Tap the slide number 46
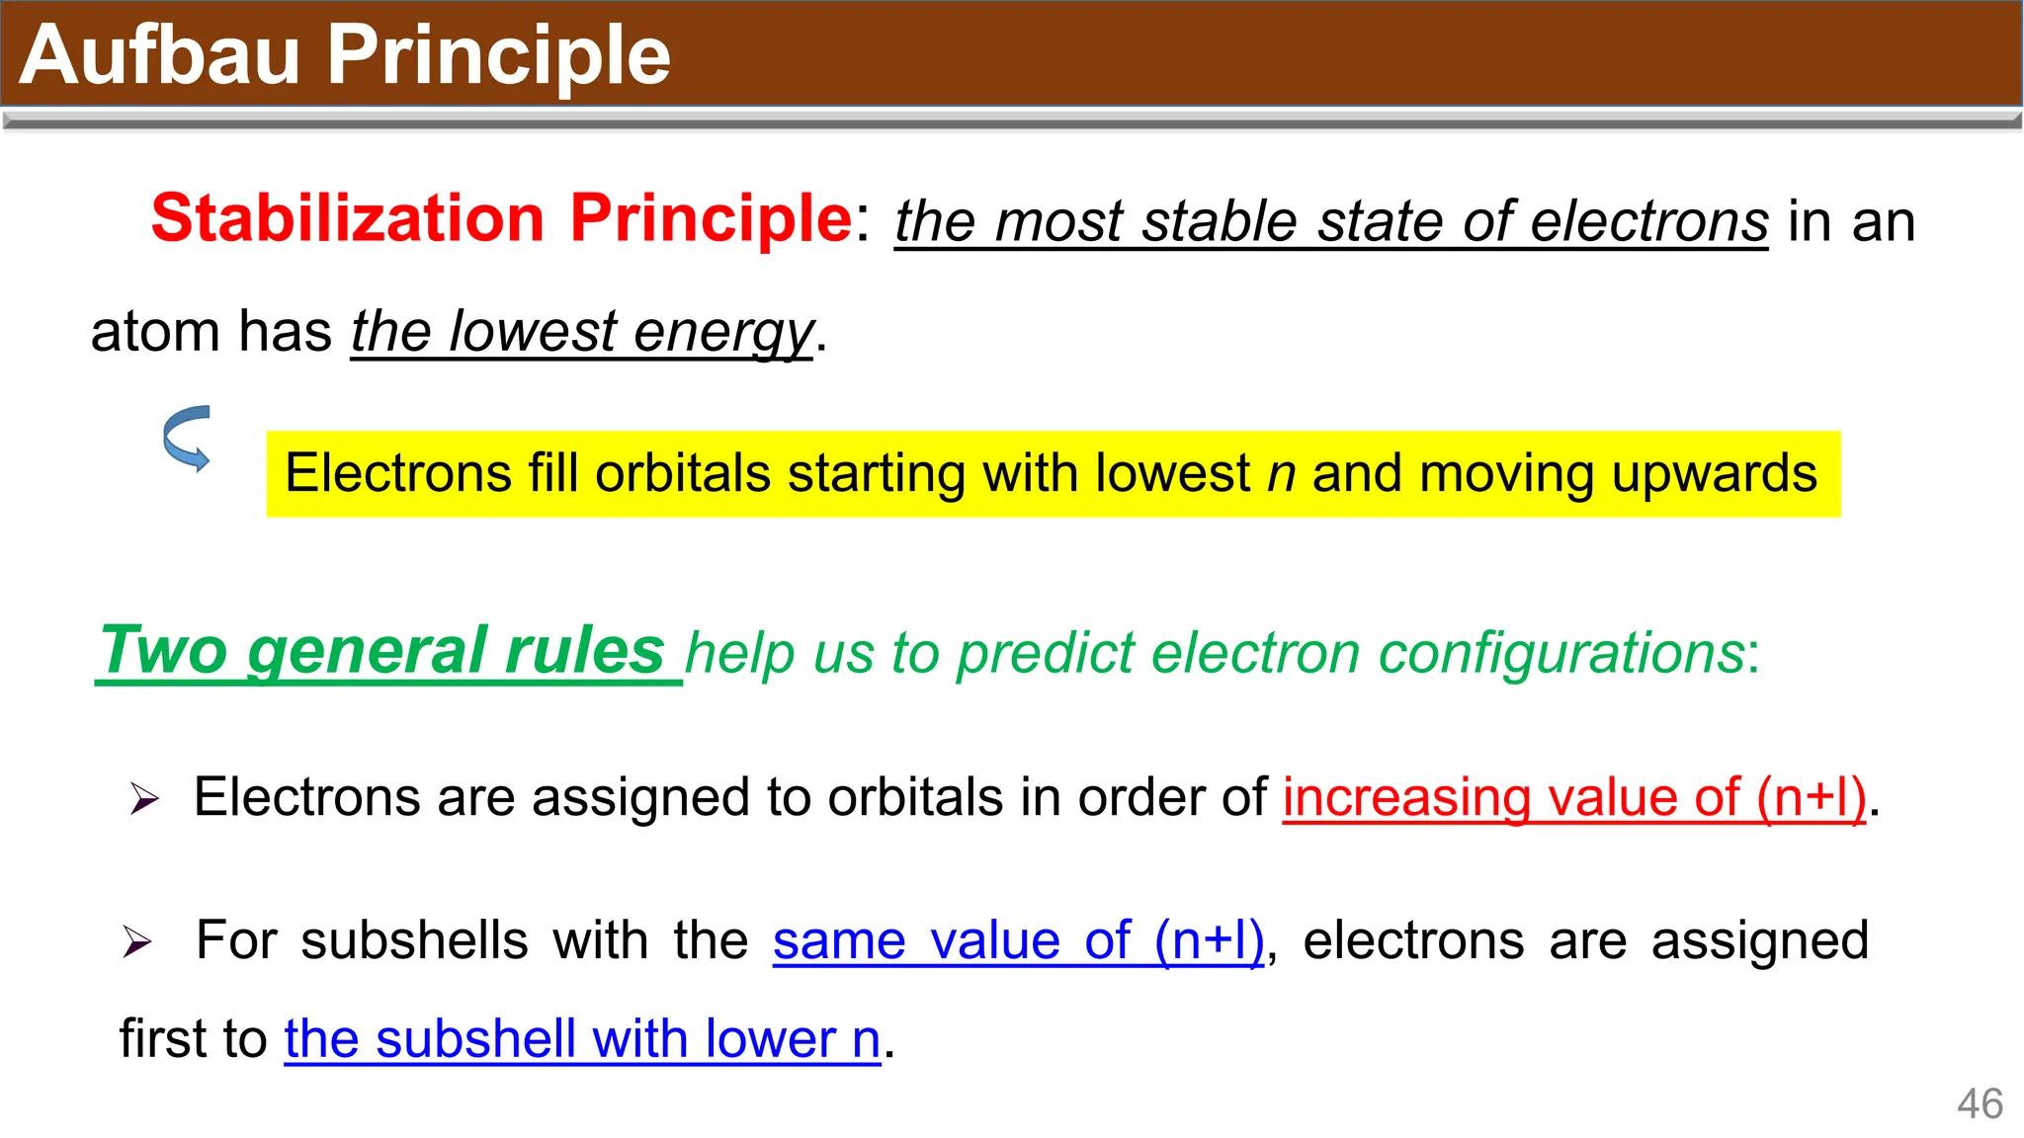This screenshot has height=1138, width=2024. click(x=1980, y=1103)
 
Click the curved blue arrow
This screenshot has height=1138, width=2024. click(x=187, y=438)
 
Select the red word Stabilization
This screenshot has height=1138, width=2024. click(x=347, y=217)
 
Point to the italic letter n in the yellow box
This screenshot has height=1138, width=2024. click(x=1281, y=474)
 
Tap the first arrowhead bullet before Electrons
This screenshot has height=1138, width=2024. click(x=144, y=798)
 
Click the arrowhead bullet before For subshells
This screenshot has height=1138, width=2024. click(x=137, y=941)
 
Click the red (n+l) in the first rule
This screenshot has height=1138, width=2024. click(x=1812, y=797)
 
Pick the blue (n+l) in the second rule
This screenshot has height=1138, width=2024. click(x=1209, y=940)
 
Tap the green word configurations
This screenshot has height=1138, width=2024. click(x=1561, y=654)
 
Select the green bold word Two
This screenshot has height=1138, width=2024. click(x=164, y=651)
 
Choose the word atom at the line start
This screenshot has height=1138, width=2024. click(x=154, y=332)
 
